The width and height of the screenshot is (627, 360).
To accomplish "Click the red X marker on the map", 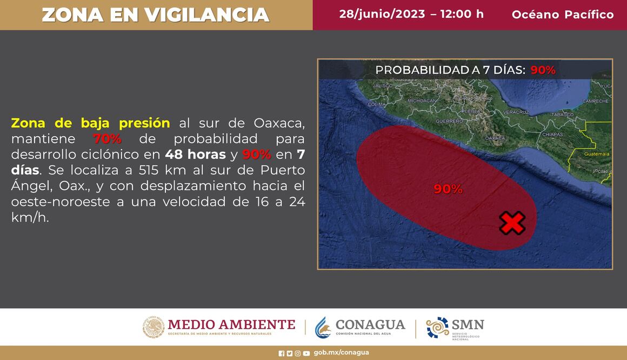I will (x=511, y=223).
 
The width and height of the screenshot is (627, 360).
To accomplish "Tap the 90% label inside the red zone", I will (x=448, y=189).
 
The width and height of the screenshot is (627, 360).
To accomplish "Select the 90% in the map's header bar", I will (x=543, y=70).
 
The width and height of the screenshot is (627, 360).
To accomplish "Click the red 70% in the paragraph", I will (x=107, y=139).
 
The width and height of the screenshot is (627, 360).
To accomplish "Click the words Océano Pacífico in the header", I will (x=563, y=15).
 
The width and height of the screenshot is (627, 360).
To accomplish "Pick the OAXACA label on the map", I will (x=495, y=138).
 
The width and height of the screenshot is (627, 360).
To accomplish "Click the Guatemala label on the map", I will (x=597, y=154).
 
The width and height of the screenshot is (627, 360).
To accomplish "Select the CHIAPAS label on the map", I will (x=551, y=135).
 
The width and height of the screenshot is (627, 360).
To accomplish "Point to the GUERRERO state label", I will (x=449, y=121).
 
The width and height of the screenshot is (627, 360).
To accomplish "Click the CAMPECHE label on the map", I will (x=596, y=101).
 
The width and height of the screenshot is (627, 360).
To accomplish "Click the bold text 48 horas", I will (x=195, y=154).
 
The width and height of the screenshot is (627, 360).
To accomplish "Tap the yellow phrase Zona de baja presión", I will (x=90, y=123).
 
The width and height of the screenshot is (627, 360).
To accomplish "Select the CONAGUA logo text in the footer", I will (x=370, y=324).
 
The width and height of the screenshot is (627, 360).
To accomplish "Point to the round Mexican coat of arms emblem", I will (x=154, y=327).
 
